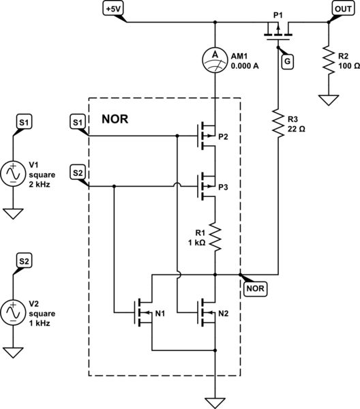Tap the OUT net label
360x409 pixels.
(x=342, y=8)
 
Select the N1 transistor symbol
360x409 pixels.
(x=144, y=313)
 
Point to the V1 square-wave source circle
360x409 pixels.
(x=12, y=174)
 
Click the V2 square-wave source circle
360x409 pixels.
(x=12, y=312)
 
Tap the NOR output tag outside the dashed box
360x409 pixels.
(x=254, y=288)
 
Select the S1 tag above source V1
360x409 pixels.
(x=23, y=122)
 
